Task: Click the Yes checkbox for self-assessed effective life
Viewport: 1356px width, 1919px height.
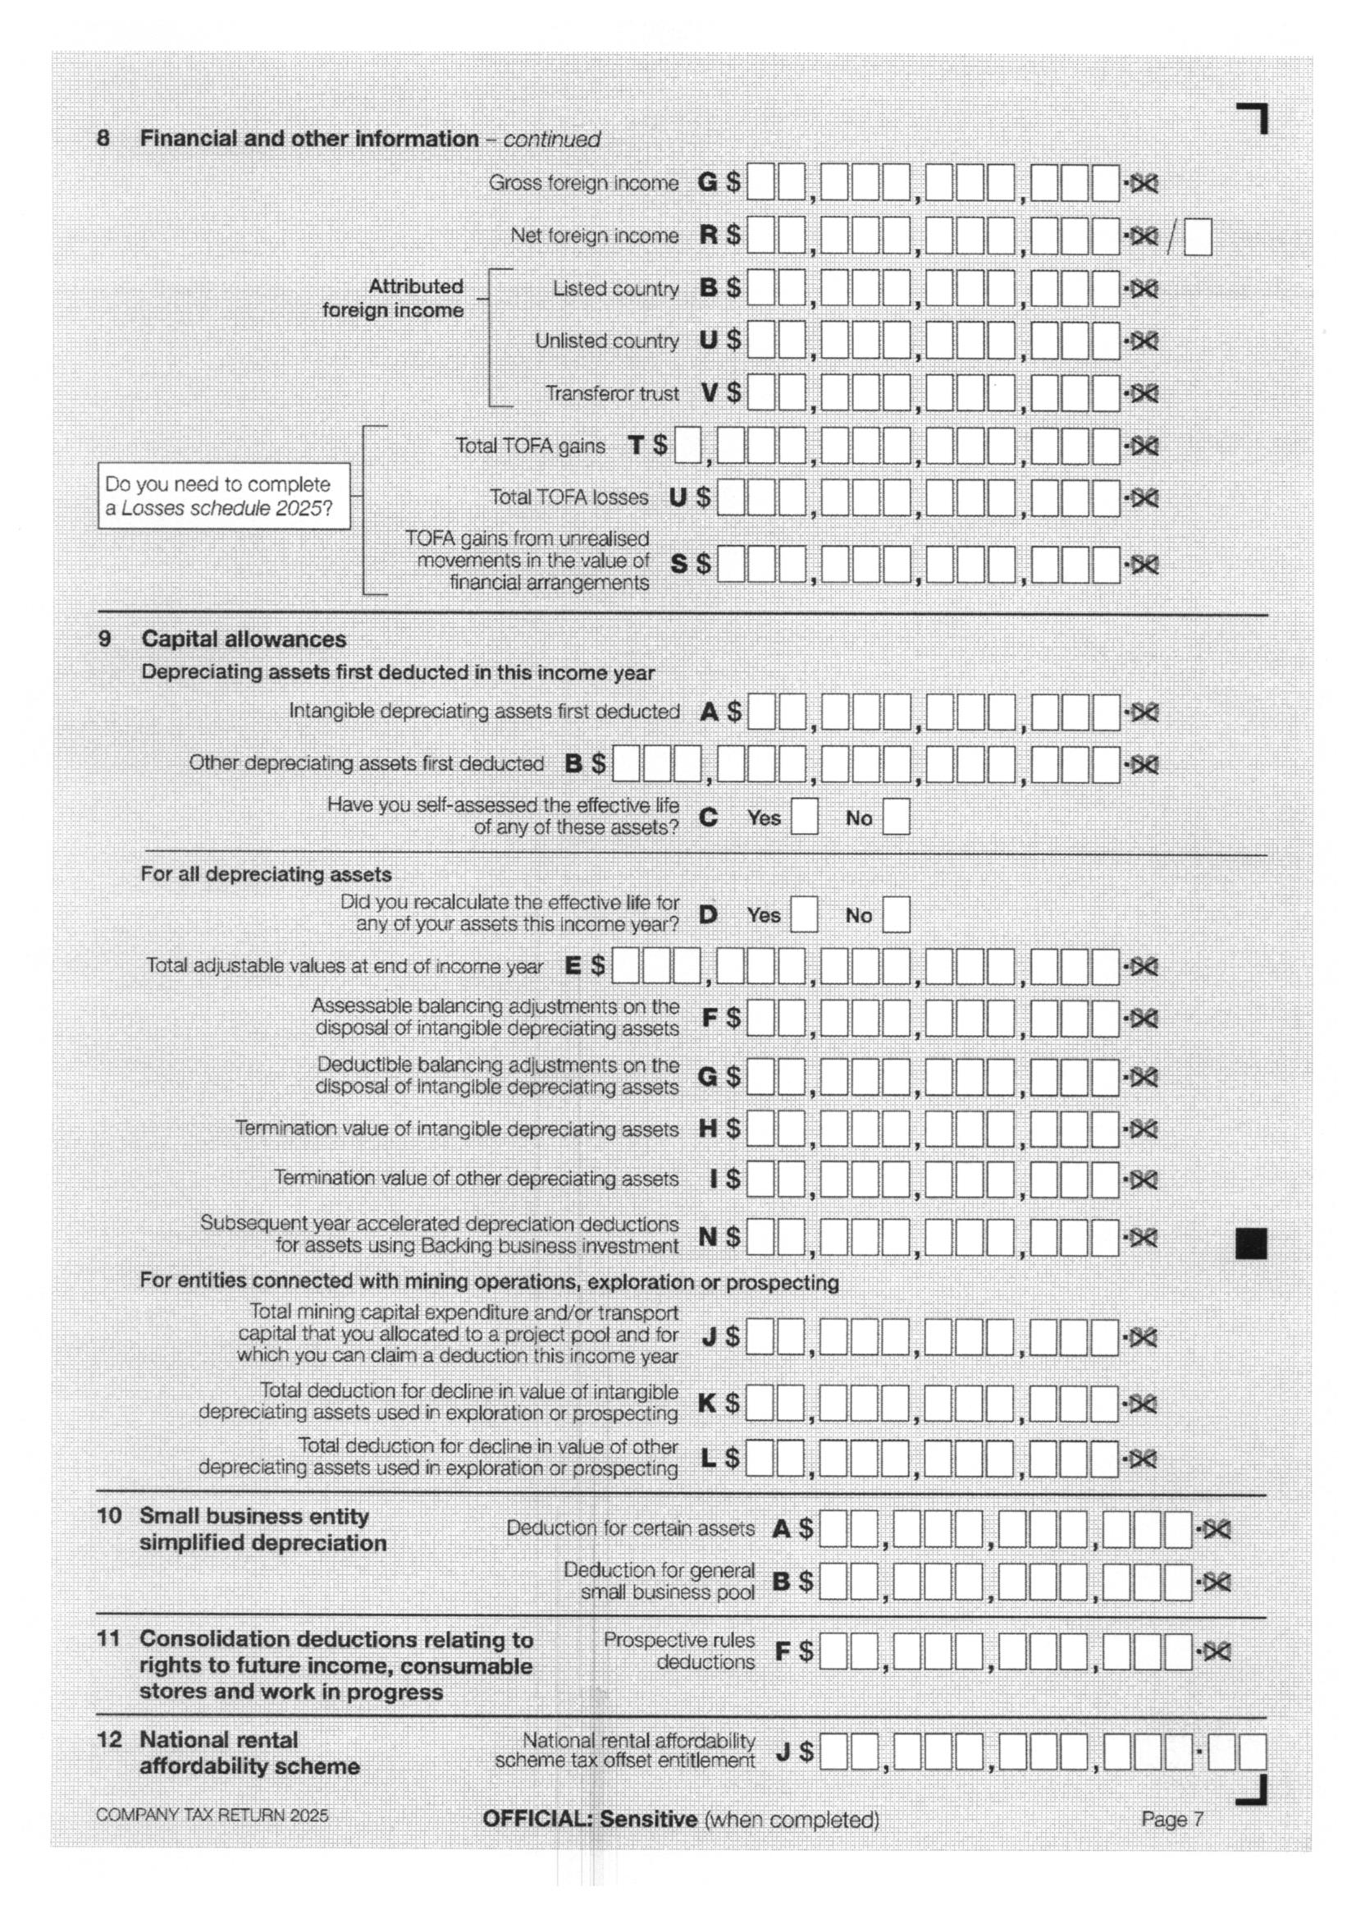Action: (x=805, y=817)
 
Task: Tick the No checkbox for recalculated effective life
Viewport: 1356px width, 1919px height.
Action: (x=896, y=914)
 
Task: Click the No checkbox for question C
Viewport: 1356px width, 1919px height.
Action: (x=896, y=817)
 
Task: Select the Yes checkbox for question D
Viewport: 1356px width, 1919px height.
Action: (x=805, y=914)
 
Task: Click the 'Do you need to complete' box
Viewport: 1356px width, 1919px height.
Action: (x=224, y=496)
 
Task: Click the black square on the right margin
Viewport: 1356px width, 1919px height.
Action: (x=1251, y=1243)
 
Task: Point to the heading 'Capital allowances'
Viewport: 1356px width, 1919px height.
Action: (x=243, y=639)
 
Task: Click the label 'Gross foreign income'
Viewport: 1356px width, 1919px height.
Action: (x=583, y=183)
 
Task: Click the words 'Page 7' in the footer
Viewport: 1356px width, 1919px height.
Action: (x=1172, y=1819)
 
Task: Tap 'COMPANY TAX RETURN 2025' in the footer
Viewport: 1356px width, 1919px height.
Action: (x=212, y=1816)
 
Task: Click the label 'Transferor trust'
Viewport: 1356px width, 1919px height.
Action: (x=613, y=393)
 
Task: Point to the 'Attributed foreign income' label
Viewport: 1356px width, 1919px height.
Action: (x=394, y=299)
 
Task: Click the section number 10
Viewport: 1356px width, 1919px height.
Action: (x=109, y=1515)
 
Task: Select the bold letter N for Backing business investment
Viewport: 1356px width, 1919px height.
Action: (x=708, y=1237)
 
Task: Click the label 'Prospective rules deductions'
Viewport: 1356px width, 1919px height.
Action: (x=679, y=1651)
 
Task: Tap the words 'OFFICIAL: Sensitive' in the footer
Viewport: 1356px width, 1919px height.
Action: (x=590, y=1819)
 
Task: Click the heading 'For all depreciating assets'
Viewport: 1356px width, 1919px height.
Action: (x=266, y=874)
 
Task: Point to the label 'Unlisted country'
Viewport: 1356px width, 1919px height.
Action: (x=606, y=341)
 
